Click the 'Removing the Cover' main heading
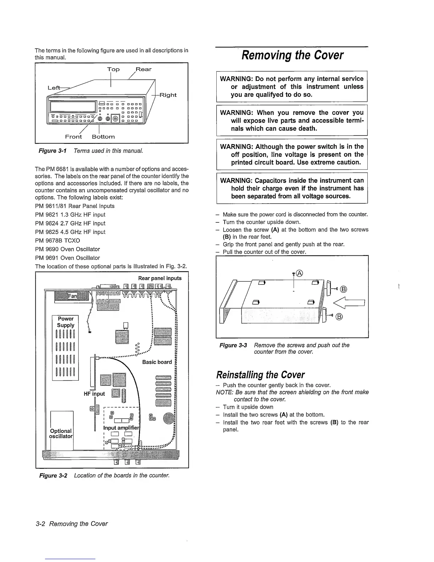pos(292,55)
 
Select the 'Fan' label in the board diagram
pos(72,296)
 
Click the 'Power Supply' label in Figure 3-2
pos(66,322)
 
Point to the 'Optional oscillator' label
pos(61,433)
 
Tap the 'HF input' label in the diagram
pos(94,393)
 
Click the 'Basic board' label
pos(157,362)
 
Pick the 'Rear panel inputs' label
pos(160,278)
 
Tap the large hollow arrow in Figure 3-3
pos(350,303)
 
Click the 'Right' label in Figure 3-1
pos(168,95)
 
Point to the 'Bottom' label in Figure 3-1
pos(103,137)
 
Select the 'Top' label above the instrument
pos(113,69)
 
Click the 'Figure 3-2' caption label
pos(53,475)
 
